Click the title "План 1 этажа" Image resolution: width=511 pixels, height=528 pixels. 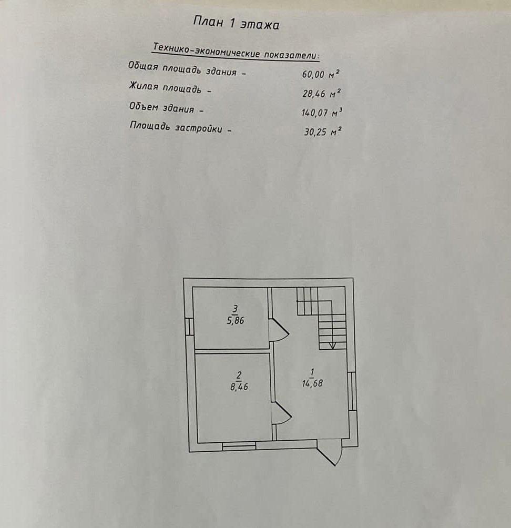[x=236, y=23]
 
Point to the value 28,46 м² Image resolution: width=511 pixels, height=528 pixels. [x=321, y=94]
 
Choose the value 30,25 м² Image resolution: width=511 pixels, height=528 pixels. [x=322, y=131]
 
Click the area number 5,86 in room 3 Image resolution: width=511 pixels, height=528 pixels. [x=235, y=320]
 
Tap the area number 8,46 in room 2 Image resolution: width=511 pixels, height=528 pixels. [x=239, y=387]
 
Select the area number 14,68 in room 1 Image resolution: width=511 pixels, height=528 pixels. [x=312, y=383]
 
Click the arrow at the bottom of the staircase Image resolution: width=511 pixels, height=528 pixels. [x=333, y=344]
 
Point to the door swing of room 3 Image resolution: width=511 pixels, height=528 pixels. [x=278, y=330]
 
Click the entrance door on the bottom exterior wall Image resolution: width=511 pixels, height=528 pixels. [x=330, y=453]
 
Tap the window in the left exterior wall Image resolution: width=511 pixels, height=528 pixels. [x=189, y=326]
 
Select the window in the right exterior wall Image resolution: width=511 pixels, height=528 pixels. [x=353, y=391]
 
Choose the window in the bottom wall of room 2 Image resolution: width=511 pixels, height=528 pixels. [x=239, y=446]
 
